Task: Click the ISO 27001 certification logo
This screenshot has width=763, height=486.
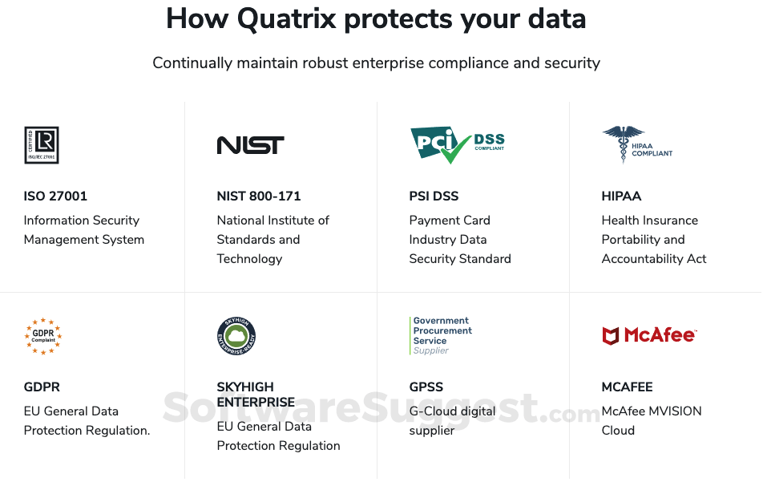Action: pyautogui.click(x=41, y=145)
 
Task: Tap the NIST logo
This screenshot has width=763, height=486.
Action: pyautogui.click(x=250, y=145)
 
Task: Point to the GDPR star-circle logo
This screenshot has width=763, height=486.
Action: pyautogui.click(x=42, y=336)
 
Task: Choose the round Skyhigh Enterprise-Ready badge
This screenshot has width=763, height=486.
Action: pyautogui.click(x=236, y=336)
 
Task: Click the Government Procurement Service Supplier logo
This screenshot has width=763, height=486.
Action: pyautogui.click(x=441, y=336)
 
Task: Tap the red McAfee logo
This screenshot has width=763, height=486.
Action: pyautogui.click(x=649, y=335)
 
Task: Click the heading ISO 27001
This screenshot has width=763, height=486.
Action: pyautogui.click(x=55, y=196)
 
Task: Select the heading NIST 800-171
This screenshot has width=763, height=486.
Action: pyautogui.click(x=259, y=196)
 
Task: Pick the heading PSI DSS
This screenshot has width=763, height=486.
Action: pyautogui.click(x=434, y=196)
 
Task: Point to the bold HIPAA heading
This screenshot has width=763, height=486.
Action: pyautogui.click(x=621, y=196)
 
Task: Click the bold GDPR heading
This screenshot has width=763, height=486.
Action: pyautogui.click(x=42, y=387)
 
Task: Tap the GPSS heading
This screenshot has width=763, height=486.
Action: pyautogui.click(x=426, y=387)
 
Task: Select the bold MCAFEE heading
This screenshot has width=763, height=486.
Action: pyautogui.click(x=627, y=387)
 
